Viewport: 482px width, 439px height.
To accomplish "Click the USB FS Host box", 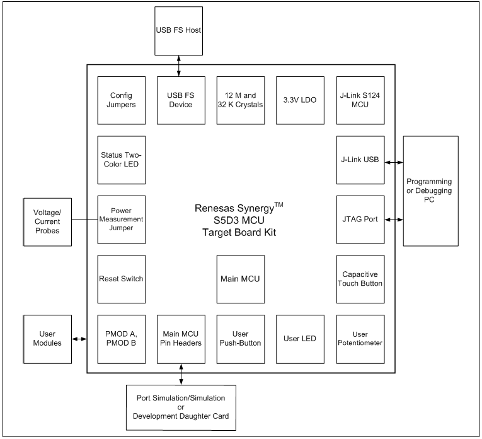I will point(179,30).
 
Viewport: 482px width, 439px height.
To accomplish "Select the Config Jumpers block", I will point(122,101).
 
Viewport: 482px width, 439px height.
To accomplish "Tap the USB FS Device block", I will point(180,101).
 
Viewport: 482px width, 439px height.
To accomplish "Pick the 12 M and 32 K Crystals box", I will point(239,101).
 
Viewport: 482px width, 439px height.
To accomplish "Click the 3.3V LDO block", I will point(299,101).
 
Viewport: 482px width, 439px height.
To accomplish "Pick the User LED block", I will point(299,339).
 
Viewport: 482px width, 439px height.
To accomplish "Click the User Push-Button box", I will point(239,339).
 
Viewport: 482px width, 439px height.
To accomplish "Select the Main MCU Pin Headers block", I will point(180,339).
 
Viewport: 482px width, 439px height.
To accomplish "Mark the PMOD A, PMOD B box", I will point(122,339).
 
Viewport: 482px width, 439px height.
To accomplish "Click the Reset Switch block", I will point(122,279).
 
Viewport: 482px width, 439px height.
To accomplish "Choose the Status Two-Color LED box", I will point(122,160).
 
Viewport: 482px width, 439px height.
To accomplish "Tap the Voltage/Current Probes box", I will point(46,220).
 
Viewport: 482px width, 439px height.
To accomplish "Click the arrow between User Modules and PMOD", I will point(79,339).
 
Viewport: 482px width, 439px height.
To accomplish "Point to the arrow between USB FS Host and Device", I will point(180,65).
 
